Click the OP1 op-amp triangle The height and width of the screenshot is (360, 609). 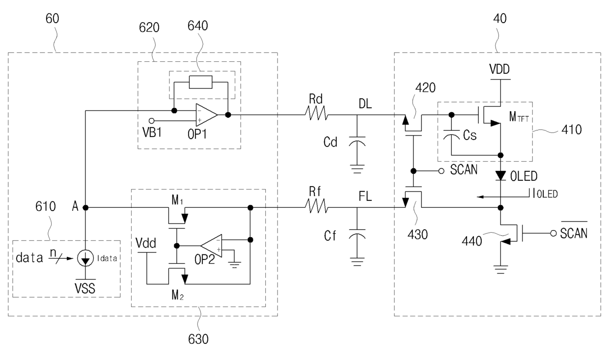(206, 115)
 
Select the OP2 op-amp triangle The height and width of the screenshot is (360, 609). (212, 246)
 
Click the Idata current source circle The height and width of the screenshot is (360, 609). (85, 258)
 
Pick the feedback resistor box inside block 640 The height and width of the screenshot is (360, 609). (201, 82)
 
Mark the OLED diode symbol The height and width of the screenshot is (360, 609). (500, 175)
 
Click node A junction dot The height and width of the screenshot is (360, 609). (85, 208)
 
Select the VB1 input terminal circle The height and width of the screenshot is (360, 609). (152, 121)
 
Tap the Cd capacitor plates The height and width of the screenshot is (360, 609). (357, 141)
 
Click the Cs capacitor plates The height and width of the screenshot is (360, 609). (451, 135)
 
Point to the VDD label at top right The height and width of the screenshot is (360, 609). (499, 69)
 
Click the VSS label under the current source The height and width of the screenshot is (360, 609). (85, 288)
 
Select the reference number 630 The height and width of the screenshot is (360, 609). (198, 339)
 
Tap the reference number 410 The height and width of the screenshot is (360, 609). (572, 130)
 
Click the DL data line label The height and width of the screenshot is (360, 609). (365, 104)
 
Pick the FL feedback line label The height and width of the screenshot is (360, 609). (365, 196)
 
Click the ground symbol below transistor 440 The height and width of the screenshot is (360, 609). (500, 270)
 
